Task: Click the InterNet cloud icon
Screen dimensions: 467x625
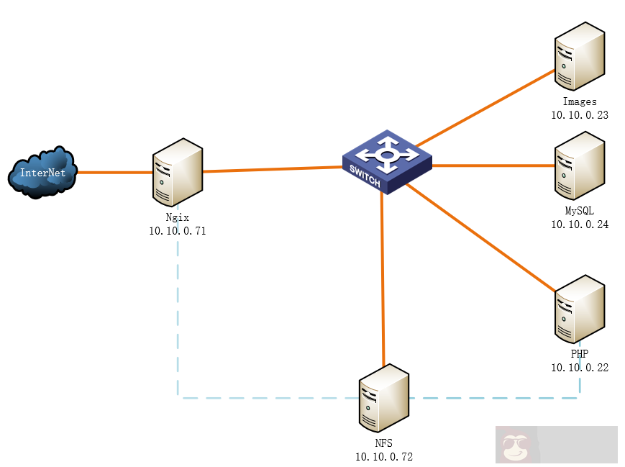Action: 42,172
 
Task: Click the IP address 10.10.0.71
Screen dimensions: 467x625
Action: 178,231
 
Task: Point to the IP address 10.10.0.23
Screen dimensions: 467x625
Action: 580,114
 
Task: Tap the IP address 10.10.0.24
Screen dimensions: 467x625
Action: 580,224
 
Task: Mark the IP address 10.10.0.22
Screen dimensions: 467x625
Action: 580,367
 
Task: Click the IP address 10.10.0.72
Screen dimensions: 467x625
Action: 384,456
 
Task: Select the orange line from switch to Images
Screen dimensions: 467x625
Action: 485,106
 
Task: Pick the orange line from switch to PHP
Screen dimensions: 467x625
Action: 482,237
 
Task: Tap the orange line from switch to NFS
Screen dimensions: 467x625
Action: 383,281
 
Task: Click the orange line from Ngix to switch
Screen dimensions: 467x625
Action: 273,169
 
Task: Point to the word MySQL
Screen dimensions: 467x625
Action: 580,211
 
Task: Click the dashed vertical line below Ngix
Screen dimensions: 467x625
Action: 178,317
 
